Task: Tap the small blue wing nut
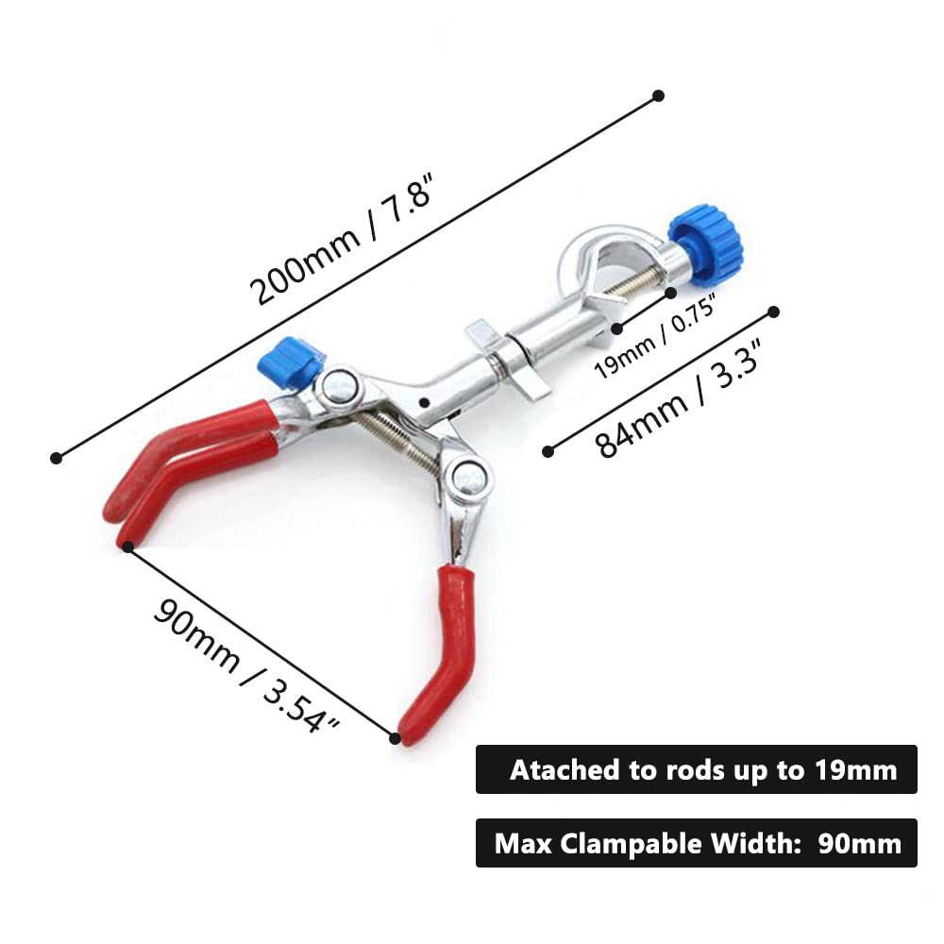pos(288,362)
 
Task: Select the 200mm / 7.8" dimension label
pos(342,238)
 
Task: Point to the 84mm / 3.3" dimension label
pos(679,398)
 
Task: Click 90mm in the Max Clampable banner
pos(860,844)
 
